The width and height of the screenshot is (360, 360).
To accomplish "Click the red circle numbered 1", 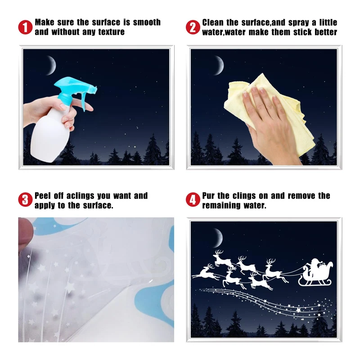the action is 25,27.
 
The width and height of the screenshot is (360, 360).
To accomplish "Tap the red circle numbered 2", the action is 193,27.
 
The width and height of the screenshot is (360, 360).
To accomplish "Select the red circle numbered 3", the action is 25,199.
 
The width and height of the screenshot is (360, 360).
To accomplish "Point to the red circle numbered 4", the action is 193,199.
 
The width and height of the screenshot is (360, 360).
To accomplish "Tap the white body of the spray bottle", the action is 50,135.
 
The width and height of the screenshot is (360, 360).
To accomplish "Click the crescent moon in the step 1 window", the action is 52,65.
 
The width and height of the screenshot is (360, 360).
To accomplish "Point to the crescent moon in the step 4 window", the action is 219,238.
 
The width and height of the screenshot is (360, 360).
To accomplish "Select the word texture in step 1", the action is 112,32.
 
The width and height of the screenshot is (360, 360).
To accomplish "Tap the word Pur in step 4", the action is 208,196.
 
